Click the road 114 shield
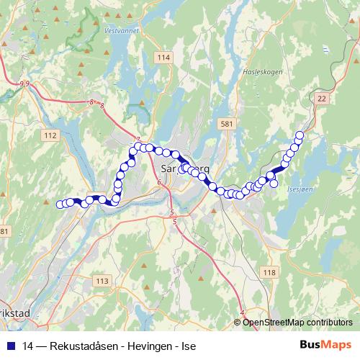165,58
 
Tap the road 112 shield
50,135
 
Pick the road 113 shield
102,281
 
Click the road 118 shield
270,271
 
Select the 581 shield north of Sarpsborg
228,124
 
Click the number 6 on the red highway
158,183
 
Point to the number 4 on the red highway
242,312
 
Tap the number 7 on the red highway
137,138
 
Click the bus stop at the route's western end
60,204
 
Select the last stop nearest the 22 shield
300,135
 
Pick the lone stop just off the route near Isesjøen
274,184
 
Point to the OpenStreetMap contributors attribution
297,322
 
